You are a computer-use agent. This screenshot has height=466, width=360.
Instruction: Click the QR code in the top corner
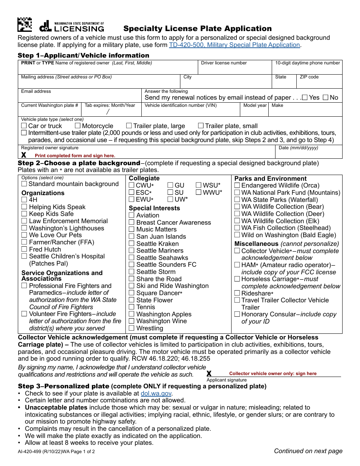(25, 25)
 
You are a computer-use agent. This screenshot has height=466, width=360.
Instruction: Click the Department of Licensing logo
(72, 26)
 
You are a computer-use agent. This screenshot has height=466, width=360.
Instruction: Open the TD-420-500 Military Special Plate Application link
(234, 45)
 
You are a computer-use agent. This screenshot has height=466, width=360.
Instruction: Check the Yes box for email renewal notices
(305, 97)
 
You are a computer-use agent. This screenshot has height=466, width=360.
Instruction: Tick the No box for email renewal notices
(326, 97)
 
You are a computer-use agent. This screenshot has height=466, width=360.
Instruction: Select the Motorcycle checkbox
(78, 125)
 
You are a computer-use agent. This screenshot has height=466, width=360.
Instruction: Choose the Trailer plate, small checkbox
(201, 125)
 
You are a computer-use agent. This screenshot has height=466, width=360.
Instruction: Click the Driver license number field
(235, 69)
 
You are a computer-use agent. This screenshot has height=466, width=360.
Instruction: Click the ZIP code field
(319, 83)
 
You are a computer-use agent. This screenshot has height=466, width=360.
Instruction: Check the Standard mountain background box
(24, 184)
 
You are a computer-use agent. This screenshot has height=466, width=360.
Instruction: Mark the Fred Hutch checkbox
(24, 249)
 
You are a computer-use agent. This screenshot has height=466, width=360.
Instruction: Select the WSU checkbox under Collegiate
(199, 185)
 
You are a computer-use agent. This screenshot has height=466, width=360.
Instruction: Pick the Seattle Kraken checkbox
(131, 244)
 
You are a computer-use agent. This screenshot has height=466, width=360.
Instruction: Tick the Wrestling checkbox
(131, 328)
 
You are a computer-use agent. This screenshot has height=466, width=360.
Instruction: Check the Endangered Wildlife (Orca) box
(237, 185)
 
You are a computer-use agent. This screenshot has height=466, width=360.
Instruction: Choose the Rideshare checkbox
(237, 293)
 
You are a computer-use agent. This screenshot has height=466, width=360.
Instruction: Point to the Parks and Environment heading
(271, 178)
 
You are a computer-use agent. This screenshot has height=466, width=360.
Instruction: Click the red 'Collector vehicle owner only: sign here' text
(273, 374)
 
